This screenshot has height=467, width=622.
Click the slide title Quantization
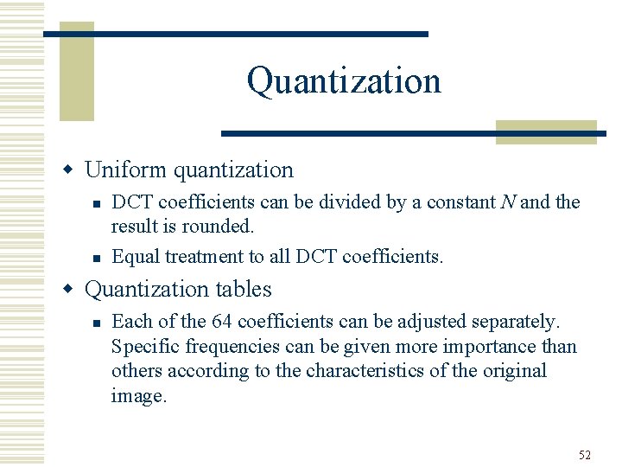click(x=344, y=81)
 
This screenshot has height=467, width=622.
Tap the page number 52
click(x=584, y=455)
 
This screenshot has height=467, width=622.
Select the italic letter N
click(x=508, y=202)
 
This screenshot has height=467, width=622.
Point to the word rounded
click(x=222, y=227)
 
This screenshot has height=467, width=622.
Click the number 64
click(x=221, y=322)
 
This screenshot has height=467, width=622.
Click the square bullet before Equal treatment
click(x=97, y=257)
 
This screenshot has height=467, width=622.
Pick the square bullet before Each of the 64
click(x=97, y=323)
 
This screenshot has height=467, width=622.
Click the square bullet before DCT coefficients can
click(x=97, y=203)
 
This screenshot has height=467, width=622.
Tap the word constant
click(x=460, y=202)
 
